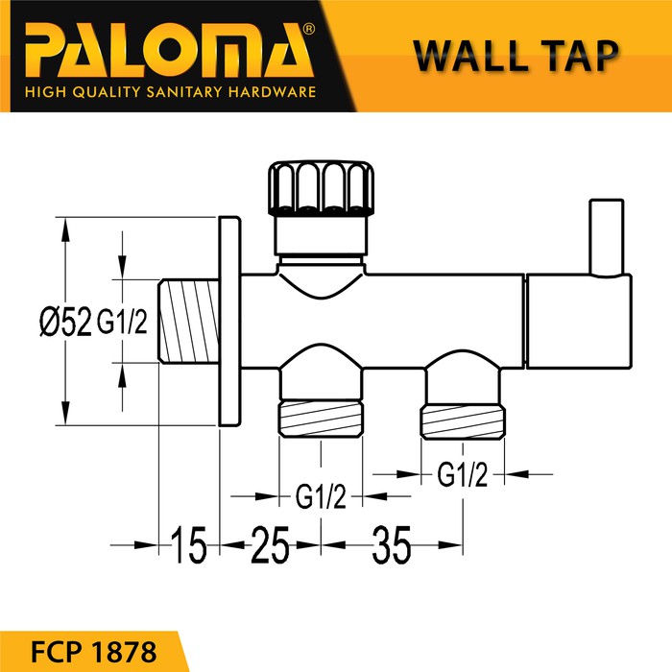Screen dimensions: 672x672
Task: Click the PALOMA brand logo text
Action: (158, 47)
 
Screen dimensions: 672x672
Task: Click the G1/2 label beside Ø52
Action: (121, 324)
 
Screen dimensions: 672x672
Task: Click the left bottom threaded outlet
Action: (321, 420)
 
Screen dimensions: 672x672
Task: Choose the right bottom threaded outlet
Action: (461, 420)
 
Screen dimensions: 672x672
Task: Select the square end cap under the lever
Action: (578, 320)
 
